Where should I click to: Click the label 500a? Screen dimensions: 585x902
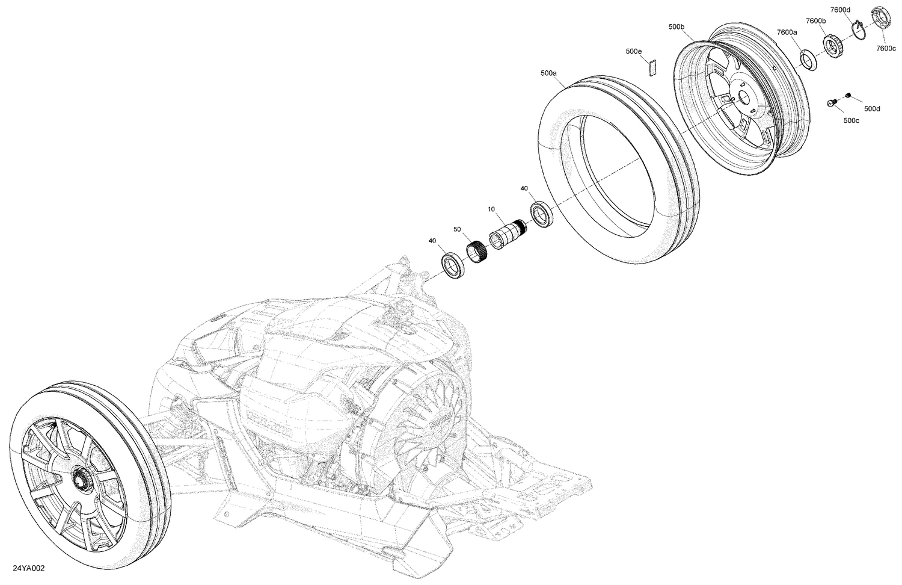(548, 73)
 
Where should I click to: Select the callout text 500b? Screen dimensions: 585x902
(676, 27)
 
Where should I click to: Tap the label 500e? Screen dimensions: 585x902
(634, 52)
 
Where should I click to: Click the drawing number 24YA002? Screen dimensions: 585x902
(28, 568)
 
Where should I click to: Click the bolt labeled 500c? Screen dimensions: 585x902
(832, 104)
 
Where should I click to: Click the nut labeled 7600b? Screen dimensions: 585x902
(831, 44)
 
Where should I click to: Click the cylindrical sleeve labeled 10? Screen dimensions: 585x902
(507, 234)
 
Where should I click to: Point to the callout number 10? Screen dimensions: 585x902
(491, 209)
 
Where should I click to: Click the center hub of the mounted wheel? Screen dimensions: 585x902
(79, 480)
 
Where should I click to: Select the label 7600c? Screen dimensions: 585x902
(885, 48)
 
